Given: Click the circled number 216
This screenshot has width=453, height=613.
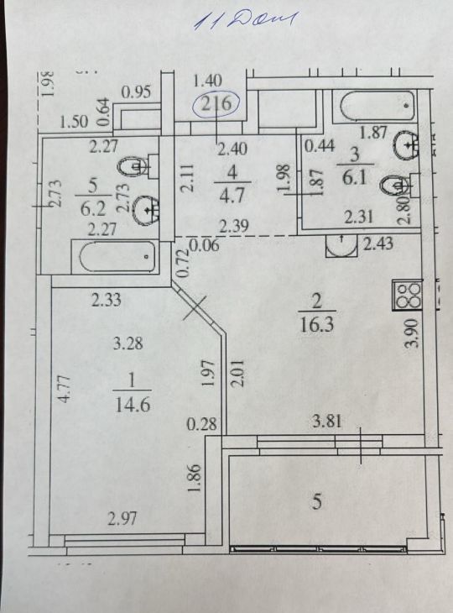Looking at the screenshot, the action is pyautogui.click(x=216, y=104).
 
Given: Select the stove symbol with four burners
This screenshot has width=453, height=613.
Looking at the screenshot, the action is pyautogui.click(x=408, y=295).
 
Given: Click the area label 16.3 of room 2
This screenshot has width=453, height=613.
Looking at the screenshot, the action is pyautogui.click(x=317, y=324).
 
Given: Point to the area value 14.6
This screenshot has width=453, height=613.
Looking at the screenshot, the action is pyautogui.click(x=133, y=404).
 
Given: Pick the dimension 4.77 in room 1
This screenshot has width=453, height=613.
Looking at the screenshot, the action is pyautogui.click(x=65, y=389).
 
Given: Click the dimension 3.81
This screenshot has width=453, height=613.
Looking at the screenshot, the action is pyautogui.click(x=327, y=421).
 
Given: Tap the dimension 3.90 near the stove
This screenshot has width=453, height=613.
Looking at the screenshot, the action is pyautogui.click(x=413, y=333).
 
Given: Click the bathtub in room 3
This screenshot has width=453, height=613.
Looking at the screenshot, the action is pyautogui.click(x=377, y=106).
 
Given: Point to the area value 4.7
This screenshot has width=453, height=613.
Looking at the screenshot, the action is pyautogui.click(x=232, y=194).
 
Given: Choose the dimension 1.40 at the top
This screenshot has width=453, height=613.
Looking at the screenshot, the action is pyautogui.click(x=208, y=81).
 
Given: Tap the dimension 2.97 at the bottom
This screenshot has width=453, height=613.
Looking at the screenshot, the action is pyautogui.click(x=122, y=518).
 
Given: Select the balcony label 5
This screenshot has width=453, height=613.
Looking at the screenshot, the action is pyautogui.click(x=317, y=501).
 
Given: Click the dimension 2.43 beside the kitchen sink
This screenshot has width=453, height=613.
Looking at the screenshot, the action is pyautogui.click(x=378, y=244).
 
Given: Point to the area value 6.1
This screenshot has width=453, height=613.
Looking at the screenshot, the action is pyautogui.click(x=354, y=178).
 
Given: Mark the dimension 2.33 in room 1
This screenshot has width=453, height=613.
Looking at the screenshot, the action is pyautogui.click(x=107, y=300).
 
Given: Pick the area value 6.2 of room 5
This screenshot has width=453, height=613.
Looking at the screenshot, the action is pyautogui.click(x=93, y=209).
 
